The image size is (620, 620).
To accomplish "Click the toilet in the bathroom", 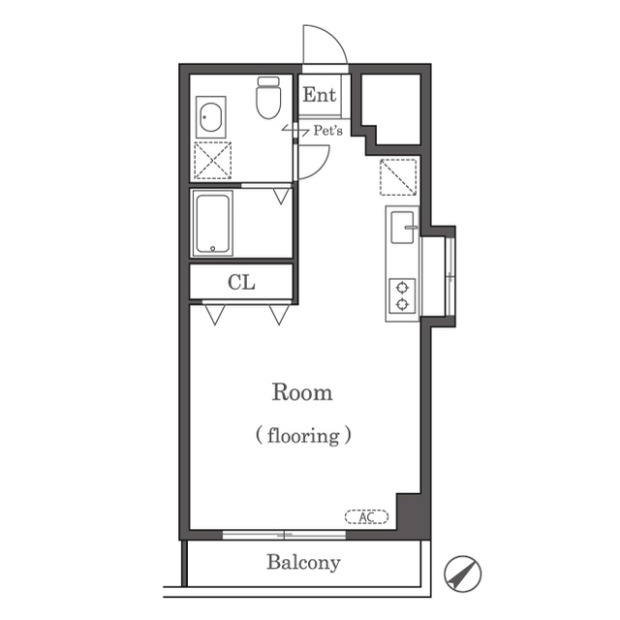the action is (x=268, y=98).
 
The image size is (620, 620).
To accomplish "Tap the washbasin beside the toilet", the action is (x=211, y=117).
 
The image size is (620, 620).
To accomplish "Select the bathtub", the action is (x=212, y=224).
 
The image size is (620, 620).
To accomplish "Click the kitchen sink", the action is (x=403, y=228).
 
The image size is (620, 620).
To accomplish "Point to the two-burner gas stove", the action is (x=402, y=296).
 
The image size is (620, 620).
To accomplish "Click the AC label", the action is (x=366, y=516).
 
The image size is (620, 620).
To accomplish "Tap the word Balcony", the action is (x=303, y=563).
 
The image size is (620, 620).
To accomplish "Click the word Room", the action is (x=302, y=392).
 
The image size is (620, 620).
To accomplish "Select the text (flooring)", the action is (x=303, y=436).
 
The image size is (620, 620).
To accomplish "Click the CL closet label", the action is (x=241, y=282).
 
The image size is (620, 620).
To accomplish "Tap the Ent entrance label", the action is (x=319, y=95).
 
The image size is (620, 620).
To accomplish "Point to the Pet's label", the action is (x=327, y=131).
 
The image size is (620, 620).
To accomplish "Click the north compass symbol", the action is (x=462, y=574).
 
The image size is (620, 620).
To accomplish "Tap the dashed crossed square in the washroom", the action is (x=213, y=160).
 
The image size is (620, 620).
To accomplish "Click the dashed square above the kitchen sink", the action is (x=398, y=177).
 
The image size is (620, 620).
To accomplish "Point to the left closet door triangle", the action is (x=215, y=315).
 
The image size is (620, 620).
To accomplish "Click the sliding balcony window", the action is (x=284, y=535).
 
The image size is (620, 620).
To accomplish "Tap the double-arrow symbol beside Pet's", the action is (x=295, y=130).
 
